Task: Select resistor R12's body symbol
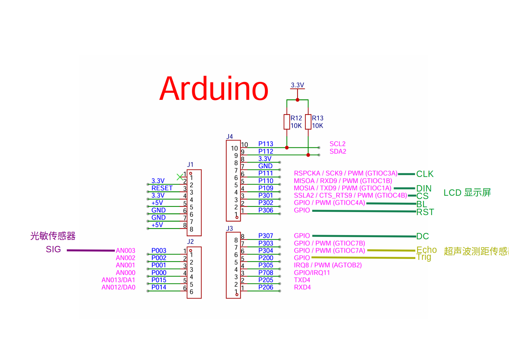point(287,122)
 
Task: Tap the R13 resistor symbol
point(308,122)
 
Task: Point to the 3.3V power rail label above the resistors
point(297,85)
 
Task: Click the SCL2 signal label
point(337,144)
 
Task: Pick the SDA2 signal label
point(338,151)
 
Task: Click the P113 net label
point(266,144)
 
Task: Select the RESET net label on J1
point(162,188)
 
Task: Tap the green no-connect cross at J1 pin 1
point(180,177)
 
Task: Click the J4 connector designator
point(229,136)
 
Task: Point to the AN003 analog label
point(126,250)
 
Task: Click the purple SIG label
point(53,249)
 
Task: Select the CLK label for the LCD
point(425,174)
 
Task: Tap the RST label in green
point(425,212)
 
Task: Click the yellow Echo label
point(426,250)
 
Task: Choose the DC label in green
point(423,236)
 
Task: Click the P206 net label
point(266,287)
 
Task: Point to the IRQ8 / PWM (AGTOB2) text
point(328,265)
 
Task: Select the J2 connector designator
point(190,241)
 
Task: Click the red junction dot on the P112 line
point(308,155)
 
